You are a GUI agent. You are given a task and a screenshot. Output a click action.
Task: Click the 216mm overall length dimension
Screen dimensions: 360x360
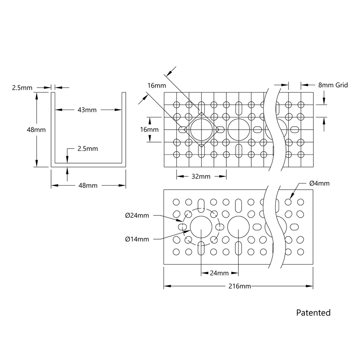239,286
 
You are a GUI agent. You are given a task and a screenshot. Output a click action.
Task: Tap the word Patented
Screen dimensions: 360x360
313,313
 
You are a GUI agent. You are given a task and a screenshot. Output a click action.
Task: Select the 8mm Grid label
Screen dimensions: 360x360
333,85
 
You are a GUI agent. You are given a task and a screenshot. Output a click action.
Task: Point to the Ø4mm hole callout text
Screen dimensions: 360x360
319,183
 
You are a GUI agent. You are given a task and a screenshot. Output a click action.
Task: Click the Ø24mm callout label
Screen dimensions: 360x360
137,216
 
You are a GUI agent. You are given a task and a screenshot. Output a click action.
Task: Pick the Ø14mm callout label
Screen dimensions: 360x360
137,239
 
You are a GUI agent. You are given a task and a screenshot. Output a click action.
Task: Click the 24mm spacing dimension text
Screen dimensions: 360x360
219,273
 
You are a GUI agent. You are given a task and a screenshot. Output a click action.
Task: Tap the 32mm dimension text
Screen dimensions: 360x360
201,176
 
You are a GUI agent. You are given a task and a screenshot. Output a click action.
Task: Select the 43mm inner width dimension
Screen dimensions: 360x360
87,110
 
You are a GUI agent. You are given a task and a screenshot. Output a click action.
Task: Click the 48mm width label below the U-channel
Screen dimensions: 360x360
88,186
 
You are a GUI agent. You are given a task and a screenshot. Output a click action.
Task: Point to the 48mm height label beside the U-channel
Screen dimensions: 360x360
36,130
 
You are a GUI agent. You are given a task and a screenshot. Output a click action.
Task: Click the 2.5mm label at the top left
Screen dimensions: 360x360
22,88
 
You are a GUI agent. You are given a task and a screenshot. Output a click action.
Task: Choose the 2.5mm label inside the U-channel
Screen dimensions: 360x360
88,148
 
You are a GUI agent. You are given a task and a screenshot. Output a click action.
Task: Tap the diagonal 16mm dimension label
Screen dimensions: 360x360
156,86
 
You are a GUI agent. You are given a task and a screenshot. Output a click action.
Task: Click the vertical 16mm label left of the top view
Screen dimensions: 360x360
149,130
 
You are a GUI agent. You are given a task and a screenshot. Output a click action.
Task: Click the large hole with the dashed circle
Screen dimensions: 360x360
201,227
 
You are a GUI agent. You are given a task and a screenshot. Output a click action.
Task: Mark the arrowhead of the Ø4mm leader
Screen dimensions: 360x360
290,198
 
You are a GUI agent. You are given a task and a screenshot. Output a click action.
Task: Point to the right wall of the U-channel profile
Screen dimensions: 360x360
124,129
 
